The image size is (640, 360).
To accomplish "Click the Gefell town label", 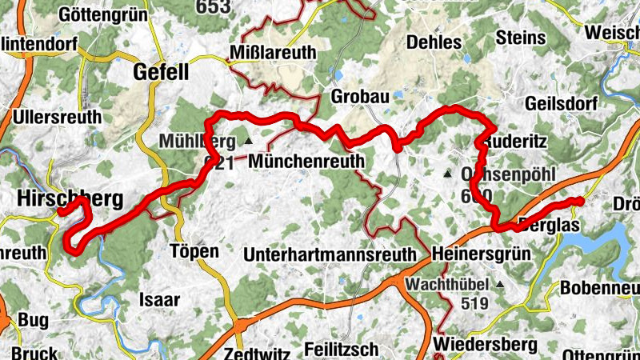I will click(x=161, y=73).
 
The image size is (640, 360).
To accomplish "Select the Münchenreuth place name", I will click(x=306, y=162).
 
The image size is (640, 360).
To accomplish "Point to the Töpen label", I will click(x=194, y=251).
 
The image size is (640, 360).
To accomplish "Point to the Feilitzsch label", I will click(x=342, y=350).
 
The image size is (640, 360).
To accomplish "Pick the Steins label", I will click(x=521, y=38).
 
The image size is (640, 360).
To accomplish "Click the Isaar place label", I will click(x=160, y=300).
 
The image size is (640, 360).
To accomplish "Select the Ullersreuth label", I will click(x=57, y=117).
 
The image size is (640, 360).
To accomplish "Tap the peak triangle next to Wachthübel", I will click(x=500, y=284).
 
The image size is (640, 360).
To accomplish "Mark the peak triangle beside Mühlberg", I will click(x=248, y=142).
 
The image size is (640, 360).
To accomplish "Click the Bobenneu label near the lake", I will click(x=600, y=287).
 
